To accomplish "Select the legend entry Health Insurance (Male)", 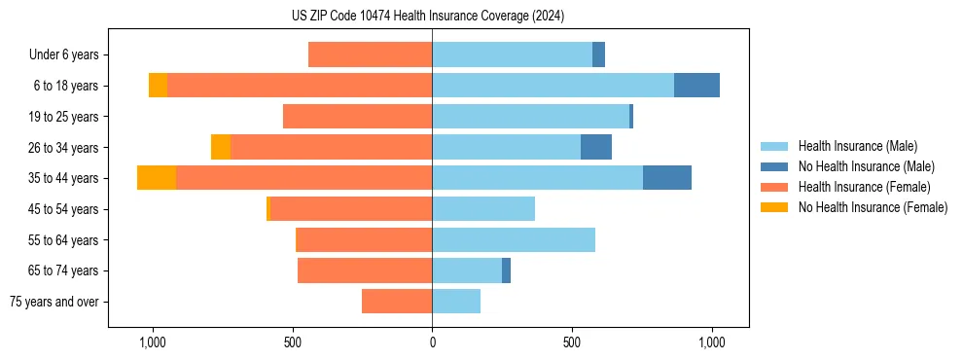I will [856, 146].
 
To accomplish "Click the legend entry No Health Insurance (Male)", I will [866, 166].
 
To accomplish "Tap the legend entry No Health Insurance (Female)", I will [873, 207].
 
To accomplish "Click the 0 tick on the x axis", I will [432, 342].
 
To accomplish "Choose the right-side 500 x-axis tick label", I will [572, 342].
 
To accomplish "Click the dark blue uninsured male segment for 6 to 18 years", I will [696, 86].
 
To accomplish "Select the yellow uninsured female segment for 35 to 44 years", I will [157, 178].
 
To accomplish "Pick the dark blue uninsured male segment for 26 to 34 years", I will [596, 147].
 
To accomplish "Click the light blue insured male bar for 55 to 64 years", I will [514, 239].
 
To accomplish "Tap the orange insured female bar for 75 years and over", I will [397, 302].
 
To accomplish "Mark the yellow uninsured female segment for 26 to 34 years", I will [221, 147].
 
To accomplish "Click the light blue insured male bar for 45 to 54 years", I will [483, 209].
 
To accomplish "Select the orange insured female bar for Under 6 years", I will [370, 55].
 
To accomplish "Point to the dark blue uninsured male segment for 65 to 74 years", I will [506, 270].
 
